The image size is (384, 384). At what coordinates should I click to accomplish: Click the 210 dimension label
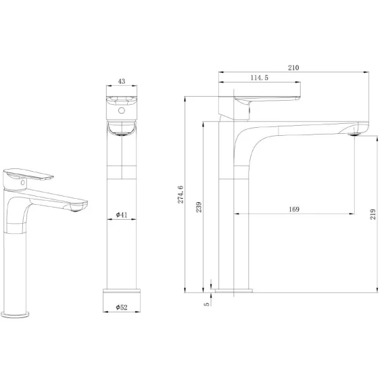tap(293, 68)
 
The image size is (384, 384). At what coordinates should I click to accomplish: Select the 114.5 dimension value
tap(259, 78)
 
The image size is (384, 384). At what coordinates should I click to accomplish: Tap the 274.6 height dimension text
tap(181, 195)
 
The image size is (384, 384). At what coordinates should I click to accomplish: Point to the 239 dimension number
tap(199, 207)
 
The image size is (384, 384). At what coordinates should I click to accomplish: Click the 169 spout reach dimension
tap(294, 209)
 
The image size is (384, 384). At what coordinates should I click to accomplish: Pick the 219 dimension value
tap(373, 214)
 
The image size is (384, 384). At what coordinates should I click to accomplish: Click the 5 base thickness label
tap(207, 304)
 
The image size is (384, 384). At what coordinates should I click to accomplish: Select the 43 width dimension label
tap(122, 81)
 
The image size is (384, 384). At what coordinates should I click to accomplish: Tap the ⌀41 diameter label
tap(122, 215)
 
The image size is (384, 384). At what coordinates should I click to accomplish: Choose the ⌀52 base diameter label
tap(122, 307)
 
